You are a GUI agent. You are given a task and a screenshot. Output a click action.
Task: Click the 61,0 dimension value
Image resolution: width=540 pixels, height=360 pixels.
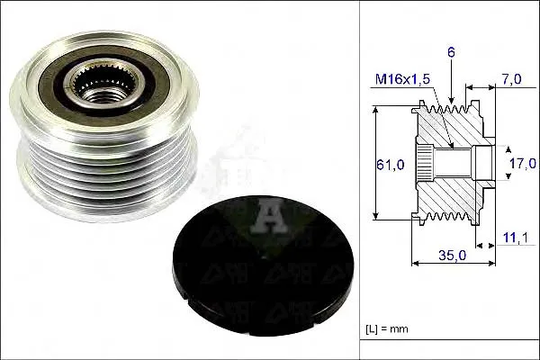tap(391, 165)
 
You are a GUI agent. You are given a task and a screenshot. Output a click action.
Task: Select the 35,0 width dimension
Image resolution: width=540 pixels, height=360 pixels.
tap(452, 255)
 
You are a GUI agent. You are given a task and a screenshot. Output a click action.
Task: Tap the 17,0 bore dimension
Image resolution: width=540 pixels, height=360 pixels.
tap(523, 163)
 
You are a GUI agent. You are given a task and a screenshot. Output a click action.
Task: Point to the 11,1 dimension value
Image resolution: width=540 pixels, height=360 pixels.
tap(515, 238)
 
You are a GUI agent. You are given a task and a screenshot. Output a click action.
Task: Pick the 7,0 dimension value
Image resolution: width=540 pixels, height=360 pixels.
tap(511, 79)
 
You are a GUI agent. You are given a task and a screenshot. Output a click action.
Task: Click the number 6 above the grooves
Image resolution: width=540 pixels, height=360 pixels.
tap(451, 52)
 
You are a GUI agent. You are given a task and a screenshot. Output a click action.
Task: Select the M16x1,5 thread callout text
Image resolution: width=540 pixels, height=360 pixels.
tap(402, 79)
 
